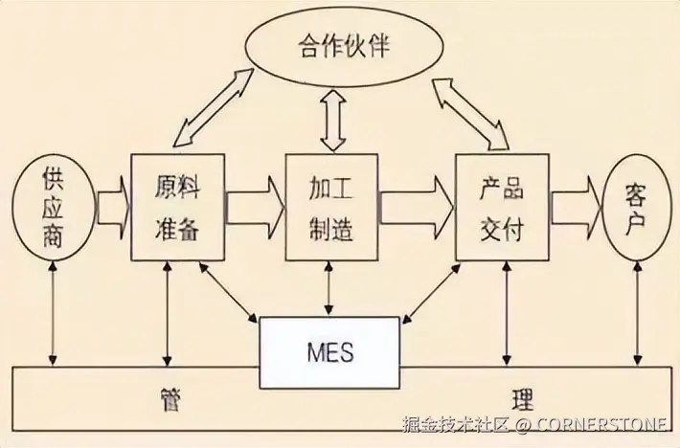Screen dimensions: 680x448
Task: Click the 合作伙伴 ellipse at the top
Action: click(344, 46)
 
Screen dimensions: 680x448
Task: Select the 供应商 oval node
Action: click(53, 207)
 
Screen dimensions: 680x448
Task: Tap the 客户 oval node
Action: click(636, 208)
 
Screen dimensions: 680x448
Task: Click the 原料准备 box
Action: click(178, 207)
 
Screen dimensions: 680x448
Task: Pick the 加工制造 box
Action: click(331, 207)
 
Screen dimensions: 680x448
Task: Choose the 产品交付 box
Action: click(502, 207)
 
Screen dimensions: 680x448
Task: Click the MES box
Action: click(329, 352)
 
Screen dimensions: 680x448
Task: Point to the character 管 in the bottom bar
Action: click(169, 398)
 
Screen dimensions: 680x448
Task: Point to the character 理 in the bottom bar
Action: click(523, 398)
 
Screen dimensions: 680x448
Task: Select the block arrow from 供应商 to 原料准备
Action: click(113, 208)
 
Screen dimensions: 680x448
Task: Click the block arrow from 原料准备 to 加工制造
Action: click(255, 208)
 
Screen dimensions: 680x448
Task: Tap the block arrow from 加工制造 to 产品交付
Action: click(417, 208)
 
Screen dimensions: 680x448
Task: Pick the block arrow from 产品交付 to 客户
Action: click(577, 208)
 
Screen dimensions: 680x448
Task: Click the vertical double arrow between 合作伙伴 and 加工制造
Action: click(333, 121)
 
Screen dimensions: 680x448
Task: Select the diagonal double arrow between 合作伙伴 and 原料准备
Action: click(214, 107)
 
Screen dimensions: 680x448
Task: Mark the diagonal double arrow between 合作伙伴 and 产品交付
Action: click(471, 114)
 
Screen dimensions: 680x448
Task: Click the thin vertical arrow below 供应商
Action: click(53, 313)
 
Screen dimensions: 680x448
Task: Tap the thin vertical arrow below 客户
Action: click(637, 313)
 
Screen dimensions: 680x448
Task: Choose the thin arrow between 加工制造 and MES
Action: click(329, 288)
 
